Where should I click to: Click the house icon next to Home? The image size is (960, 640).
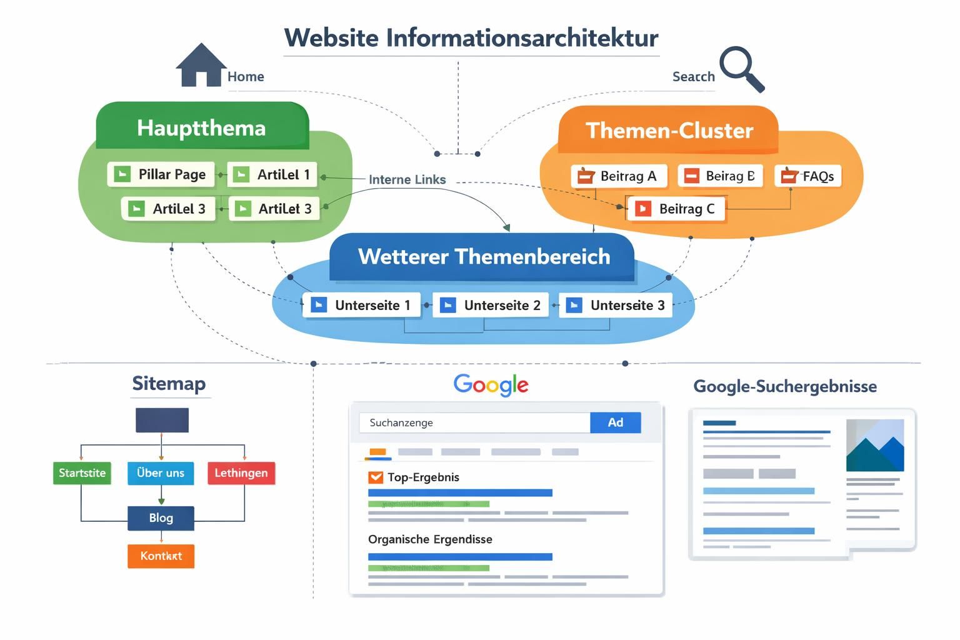201,66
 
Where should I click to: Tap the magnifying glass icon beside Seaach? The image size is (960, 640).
741,68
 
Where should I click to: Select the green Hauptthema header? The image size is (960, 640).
202,128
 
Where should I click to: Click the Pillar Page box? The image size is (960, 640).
161,174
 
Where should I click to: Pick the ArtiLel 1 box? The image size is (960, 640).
272,174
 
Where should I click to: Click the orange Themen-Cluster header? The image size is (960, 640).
668,131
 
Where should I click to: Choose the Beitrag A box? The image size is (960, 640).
618,176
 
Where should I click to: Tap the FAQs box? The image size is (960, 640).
808,176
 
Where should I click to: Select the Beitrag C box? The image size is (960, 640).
676,209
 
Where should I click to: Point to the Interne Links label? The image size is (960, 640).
407,180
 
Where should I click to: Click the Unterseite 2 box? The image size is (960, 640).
491,305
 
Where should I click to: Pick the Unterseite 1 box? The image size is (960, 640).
361,305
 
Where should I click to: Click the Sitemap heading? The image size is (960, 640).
169,384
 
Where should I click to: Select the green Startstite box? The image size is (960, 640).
82,473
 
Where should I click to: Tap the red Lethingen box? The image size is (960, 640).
241,473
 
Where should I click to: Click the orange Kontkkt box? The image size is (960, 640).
161,556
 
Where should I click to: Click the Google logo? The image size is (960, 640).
491,385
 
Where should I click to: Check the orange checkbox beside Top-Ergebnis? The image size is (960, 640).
376,477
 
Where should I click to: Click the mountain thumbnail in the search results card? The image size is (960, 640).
874,446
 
